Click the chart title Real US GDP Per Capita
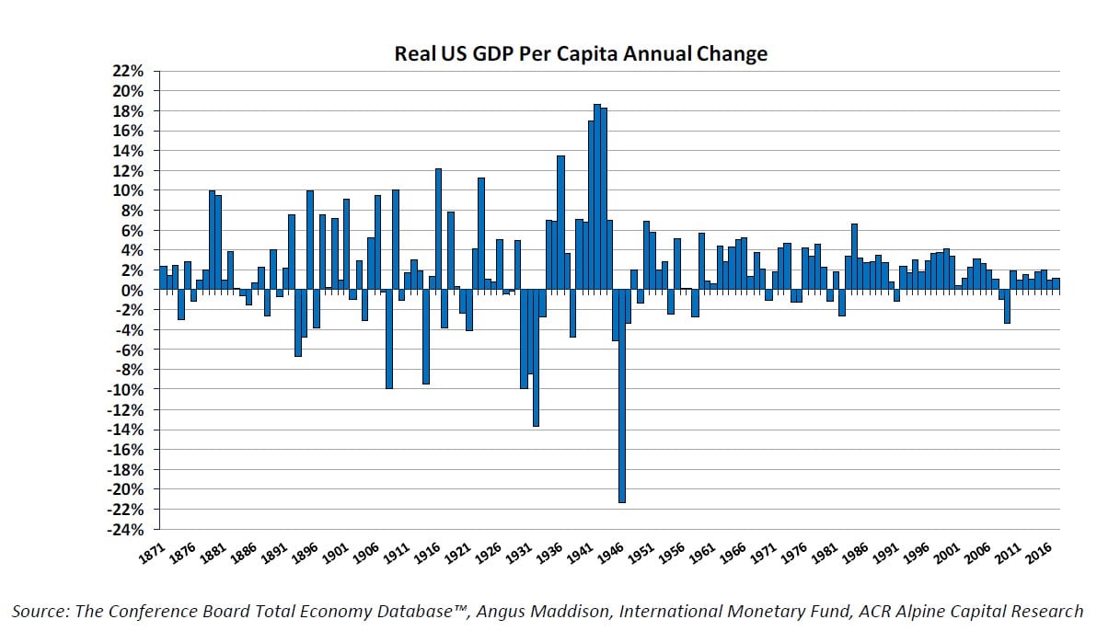click(x=581, y=54)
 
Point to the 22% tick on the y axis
click(x=128, y=71)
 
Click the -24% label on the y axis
click(x=125, y=530)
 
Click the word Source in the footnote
click(x=40, y=611)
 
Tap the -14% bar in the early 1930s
click(x=536, y=359)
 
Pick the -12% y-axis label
click(x=125, y=410)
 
